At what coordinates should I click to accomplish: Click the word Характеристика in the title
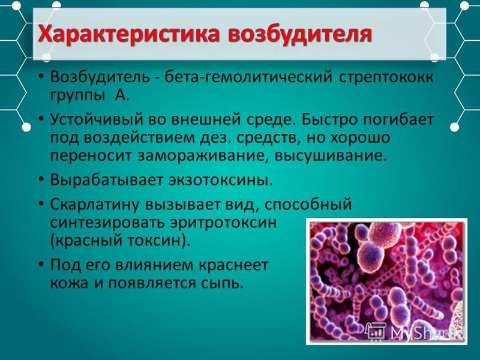click(x=129, y=34)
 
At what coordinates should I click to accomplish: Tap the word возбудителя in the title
click(x=299, y=34)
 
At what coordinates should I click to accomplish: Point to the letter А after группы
click(x=122, y=95)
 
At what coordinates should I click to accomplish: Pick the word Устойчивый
click(x=97, y=119)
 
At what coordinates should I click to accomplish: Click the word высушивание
click(x=331, y=156)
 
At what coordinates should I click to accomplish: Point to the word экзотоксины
click(x=220, y=180)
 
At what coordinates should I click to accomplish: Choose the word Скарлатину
click(x=95, y=205)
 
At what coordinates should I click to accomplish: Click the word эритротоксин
click(x=223, y=223)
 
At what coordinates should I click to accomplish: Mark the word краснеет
click(x=233, y=265)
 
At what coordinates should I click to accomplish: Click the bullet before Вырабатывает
click(x=41, y=179)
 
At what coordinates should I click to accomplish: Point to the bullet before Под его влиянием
click(x=41, y=265)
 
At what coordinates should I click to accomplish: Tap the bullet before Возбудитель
click(x=41, y=77)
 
